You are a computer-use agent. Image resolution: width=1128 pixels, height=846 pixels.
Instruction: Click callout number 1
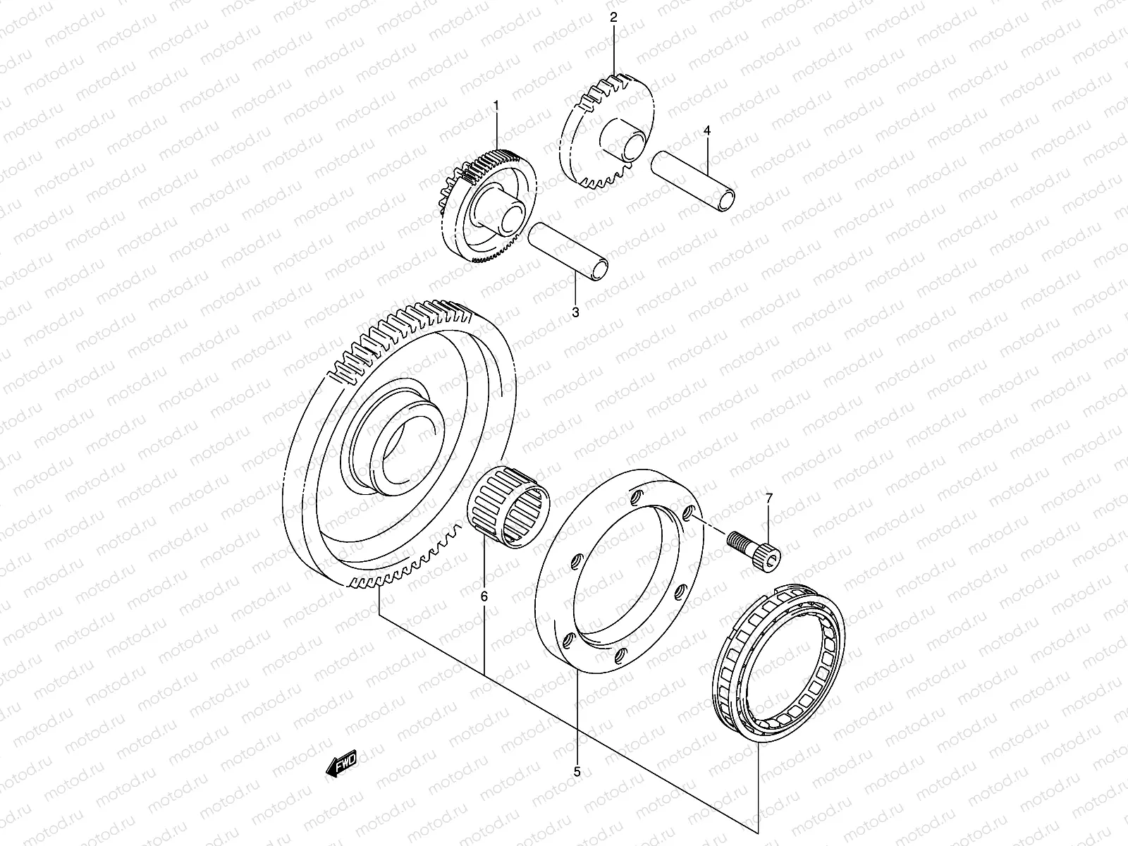click(x=496, y=106)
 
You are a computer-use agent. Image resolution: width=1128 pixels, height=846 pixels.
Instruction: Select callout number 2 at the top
click(x=613, y=18)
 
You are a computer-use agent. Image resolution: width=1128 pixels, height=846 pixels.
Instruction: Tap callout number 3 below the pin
click(x=575, y=312)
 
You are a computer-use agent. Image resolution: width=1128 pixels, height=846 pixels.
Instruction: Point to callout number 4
click(x=707, y=131)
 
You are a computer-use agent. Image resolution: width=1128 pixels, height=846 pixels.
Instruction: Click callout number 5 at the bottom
click(x=577, y=772)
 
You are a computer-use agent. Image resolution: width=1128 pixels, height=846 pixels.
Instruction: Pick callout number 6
click(x=484, y=596)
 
